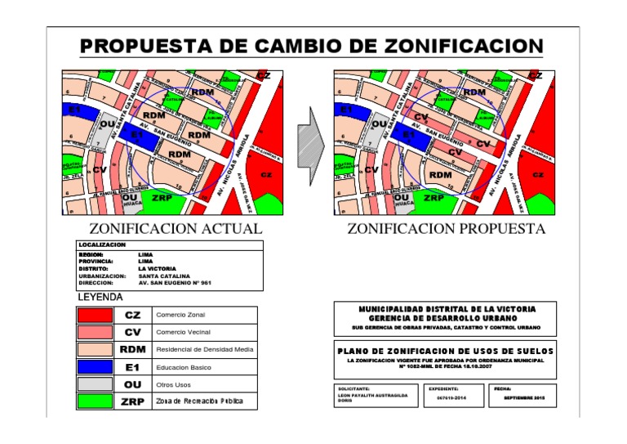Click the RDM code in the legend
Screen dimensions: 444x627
click(x=132, y=350)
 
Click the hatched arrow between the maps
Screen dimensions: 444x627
click(x=309, y=142)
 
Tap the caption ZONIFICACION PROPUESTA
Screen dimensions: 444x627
click(x=446, y=229)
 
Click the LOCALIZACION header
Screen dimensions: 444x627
click(x=102, y=245)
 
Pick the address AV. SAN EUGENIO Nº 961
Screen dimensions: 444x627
click(x=174, y=282)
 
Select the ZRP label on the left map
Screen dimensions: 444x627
click(x=162, y=197)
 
